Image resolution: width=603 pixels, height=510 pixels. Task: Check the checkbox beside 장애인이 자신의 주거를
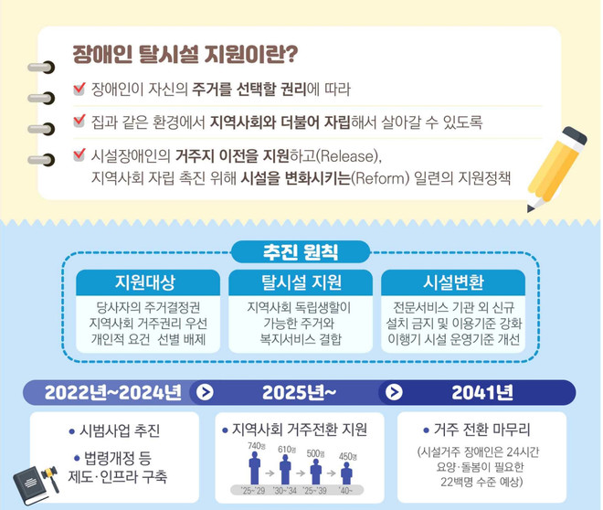tap(78, 89)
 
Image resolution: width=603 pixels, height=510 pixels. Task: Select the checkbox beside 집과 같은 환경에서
tap(78, 121)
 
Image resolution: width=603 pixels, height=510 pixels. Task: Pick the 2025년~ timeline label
tap(300, 393)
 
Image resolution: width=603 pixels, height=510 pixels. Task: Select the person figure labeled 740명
tap(255, 472)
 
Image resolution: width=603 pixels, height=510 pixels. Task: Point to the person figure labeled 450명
tap(346, 475)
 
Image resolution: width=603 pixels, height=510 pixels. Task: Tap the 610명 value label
tap(286, 451)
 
